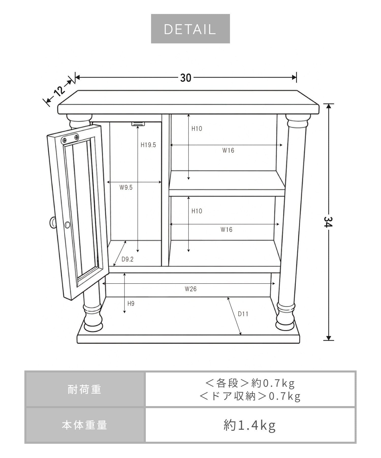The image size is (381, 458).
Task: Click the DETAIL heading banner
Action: point(190,29)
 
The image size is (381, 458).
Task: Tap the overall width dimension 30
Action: point(186,78)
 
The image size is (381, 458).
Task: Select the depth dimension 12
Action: point(59,91)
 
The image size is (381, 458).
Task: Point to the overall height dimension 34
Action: point(328,222)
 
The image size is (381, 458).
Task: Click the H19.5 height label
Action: point(148,145)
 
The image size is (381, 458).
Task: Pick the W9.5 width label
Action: point(126,188)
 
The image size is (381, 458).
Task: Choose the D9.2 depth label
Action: point(127,260)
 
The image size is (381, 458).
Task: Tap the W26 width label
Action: point(190,289)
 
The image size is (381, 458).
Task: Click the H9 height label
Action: point(131,304)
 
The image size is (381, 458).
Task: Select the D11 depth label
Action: point(243,314)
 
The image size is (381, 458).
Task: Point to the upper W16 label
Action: point(228,150)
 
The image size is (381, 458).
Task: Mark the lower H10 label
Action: point(197,211)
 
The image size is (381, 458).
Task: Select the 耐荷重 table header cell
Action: point(85,390)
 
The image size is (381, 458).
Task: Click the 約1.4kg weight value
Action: point(249,425)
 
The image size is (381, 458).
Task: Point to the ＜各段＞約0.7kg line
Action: point(250,383)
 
